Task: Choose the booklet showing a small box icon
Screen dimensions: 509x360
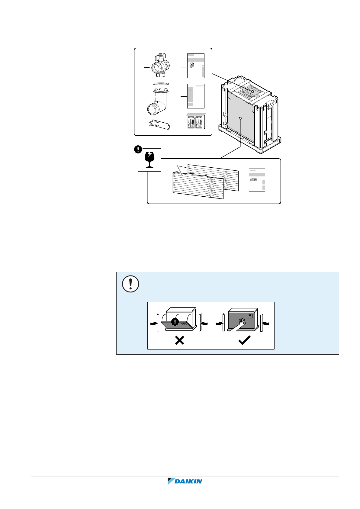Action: point(196,66)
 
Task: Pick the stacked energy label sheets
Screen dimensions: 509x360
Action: point(195,122)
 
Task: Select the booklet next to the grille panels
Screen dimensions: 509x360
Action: point(257,180)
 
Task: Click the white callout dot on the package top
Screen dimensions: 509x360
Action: point(252,91)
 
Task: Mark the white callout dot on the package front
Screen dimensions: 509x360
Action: point(240,118)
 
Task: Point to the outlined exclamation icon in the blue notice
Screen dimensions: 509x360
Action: point(130,284)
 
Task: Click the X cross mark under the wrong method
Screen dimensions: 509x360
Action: point(179,341)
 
